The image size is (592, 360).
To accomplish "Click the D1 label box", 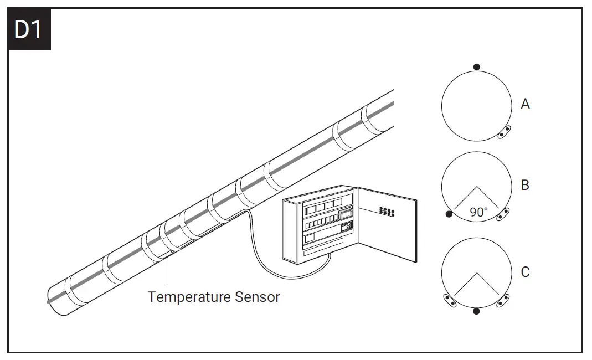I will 29,29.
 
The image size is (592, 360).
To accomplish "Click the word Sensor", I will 257,297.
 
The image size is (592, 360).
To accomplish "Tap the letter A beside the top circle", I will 525,104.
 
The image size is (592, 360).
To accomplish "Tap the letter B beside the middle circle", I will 525,185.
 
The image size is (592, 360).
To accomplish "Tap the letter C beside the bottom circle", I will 525,272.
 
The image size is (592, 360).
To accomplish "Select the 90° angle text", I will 478,212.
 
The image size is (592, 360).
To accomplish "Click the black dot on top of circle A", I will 477,66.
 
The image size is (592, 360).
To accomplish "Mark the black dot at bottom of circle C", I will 476,311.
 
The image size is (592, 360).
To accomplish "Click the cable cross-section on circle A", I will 503,132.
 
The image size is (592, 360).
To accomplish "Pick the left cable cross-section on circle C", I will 450,301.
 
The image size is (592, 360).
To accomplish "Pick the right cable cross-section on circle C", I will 503,301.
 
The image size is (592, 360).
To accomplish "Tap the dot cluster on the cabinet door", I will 386,212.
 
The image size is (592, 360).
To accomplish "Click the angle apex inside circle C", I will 476,274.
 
